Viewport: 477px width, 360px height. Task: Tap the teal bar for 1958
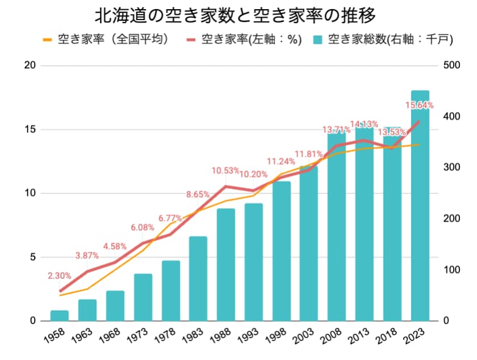coord(59,315)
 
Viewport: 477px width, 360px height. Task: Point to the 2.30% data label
coord(59,276)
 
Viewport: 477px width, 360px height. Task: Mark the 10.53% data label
coord(226,170)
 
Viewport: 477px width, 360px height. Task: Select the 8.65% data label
coord(198,195)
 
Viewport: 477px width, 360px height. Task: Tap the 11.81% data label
coord(309,154)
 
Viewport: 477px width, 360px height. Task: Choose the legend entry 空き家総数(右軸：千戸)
coord(382,40)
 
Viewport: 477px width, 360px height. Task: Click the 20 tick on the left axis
coord(29,65)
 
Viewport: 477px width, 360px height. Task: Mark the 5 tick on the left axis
coord(32,257)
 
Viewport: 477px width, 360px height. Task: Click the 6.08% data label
coord(142,228)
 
